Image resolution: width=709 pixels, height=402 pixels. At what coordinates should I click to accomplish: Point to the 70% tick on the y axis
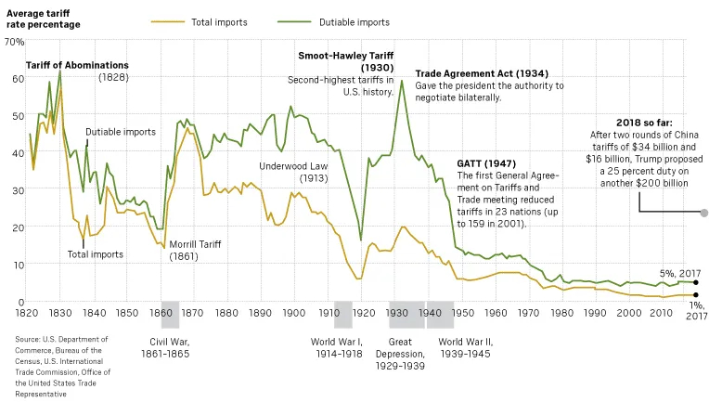pos(14,43)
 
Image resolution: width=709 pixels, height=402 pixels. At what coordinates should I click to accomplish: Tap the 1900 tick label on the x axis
pos(295,312)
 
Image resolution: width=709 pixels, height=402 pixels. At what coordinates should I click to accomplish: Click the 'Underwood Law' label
pos(290,166)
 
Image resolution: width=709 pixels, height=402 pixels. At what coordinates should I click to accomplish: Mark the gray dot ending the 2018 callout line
pos(703,213)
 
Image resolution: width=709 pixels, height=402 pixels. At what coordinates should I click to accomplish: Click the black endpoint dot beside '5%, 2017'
pos(695,282)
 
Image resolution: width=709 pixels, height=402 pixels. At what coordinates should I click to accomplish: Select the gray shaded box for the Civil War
pos(170,315)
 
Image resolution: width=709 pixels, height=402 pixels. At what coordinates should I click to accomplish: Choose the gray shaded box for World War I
pos(343,315)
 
